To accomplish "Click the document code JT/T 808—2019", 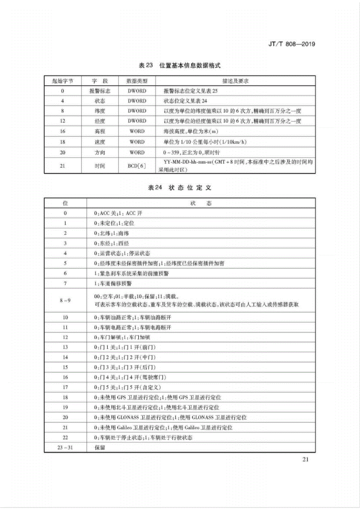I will (x=291, y=44).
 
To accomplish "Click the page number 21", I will (x=305, y=460).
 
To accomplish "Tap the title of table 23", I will (x=179, y=66).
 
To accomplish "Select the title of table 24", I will (x=179, y=188).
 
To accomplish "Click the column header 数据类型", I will (x=137, y=81).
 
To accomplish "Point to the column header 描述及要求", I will (x=235, y=81).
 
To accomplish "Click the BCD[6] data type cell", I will (x=137, y=166).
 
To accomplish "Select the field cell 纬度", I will (x=100, y=111).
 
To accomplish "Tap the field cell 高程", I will (x=100, y=132).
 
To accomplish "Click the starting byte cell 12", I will (x=63, y=121).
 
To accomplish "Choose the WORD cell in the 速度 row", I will (x=137, y=142).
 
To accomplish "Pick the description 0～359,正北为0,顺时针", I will (x=191, y=152).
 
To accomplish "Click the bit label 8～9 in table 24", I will (x=65, y=300).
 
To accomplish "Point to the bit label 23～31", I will (x=65, y=447).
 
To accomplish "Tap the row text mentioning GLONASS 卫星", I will (x=170, y=417).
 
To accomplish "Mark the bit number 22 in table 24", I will (x=65, y=438).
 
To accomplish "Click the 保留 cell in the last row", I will (x=100, y=448).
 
